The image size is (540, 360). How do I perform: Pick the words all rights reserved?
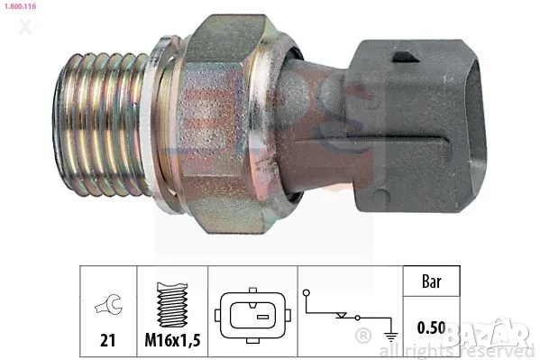coord(459,349)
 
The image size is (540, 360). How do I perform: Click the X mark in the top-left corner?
coord(25,28)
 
